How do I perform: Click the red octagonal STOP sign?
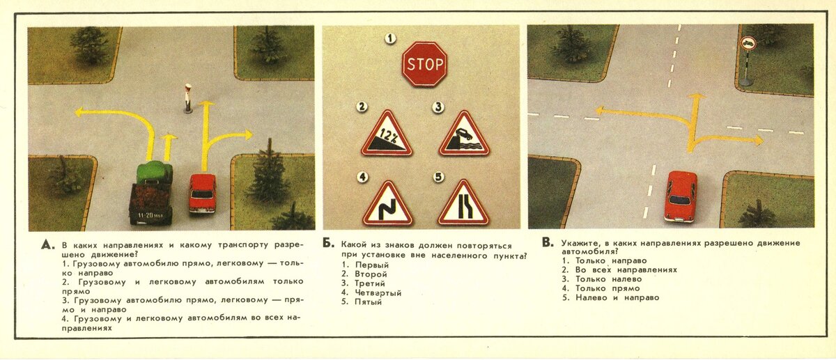[x=425, y=64]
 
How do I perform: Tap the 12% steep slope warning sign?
[x=387, y=135]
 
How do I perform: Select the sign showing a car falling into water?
[x=464, y=135]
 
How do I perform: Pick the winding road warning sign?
[x=387, y=205]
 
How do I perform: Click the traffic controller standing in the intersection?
[x=187, y=98]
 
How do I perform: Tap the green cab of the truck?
[x=155, y=173]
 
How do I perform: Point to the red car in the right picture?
[x=681, y=196]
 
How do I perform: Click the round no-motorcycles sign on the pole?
[x=748, y=43]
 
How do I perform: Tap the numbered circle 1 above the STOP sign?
[x=390, y=38]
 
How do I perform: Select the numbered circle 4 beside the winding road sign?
[x=362, y=176]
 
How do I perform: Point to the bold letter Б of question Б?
[x=328, y=244]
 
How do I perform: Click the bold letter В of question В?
[x=548, y=242]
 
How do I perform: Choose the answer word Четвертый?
[x=378, y=293]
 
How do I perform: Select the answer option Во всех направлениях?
[x=626, y=269]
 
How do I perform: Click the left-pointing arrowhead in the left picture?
[x=80, y=112]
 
